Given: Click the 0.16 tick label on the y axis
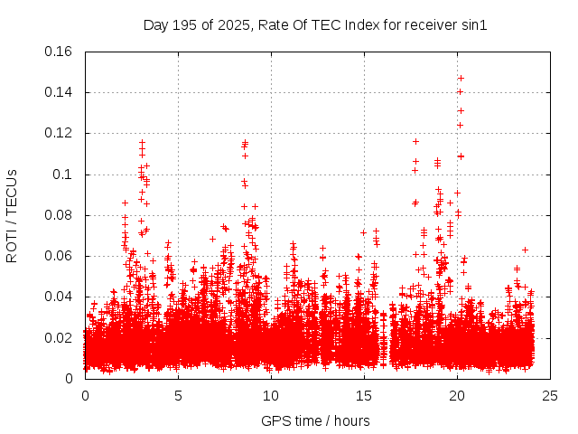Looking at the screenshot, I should pyautogui.click(x=61, y=52).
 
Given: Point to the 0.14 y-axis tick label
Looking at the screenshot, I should pyautogui.click(x=61, y=92).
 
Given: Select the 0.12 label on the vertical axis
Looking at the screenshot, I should pyautogui.click(x=61, y=133).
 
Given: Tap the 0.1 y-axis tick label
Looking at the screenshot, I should pyautogui.click(x=64, y=175).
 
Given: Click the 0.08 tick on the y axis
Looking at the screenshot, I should pyautogui.click(x=61, y=215).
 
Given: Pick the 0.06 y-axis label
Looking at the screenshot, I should pyautogui.click(x=61, y=256).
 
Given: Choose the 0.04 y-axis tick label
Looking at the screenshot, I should pyautogui.click(x=61, y=297).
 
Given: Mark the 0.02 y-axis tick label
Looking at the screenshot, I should pyautogui.click(x=61, y=338).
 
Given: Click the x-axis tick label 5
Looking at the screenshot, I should pyautogui.click(x=178, y=396).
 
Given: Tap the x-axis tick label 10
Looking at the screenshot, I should pyautogui.click(x=271, y=396).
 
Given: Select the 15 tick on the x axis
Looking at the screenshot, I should pyautogui.click(x=364, y=396).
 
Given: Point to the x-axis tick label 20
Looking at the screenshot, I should pyautogui.click(x=457, y=396).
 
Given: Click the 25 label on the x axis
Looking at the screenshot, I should pyautogui.click(x=550, y=396).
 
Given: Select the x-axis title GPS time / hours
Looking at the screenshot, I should pyautogui.click(x=315, y=420).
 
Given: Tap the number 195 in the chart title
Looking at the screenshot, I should pyautogui.click(x=183, y=25).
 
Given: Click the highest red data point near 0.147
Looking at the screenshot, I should pyautogui.click(x=461, y=79).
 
